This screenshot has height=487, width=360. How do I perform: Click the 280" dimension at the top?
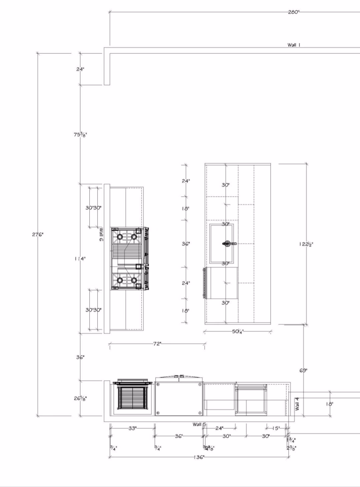pos(294,12)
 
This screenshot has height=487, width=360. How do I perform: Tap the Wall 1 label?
pos(294,45)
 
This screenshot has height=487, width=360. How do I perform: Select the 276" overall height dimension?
pos(38,235)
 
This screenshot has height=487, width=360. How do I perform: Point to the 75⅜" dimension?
pos(80,135)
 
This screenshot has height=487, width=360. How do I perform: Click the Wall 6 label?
pos(101,235)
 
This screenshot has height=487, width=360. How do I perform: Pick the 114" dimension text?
pos(80,258)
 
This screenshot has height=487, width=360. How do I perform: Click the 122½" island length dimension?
pos(306,244)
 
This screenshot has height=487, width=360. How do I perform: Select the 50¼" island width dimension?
pos(238,331)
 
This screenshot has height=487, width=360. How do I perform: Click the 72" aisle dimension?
pos(157,344)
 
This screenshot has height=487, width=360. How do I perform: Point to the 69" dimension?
pos(303,370)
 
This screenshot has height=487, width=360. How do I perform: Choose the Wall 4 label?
pos(297,404)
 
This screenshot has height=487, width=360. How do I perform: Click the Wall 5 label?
pos(199,424)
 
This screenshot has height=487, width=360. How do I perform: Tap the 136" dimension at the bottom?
pos(199,457)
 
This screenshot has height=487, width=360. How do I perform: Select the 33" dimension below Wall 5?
pos(132,428)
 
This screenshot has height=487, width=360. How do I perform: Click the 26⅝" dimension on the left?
pos(80,398)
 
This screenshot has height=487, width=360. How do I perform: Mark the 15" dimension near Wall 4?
pos(276,428)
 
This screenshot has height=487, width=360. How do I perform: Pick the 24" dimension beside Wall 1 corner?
pos(80,69)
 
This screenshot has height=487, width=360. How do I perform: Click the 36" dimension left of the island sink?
pos(186,244)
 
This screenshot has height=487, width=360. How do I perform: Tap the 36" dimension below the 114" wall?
pos(80,357)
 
